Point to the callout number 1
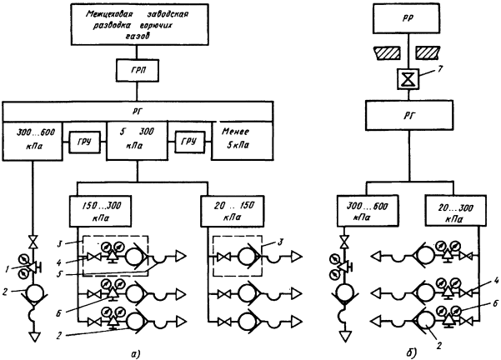point(6,268)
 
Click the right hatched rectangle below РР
point(434,52)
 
